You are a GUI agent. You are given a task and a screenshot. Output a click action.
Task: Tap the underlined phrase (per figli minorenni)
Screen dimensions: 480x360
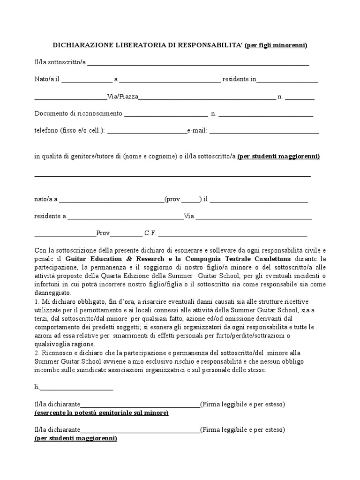(x=276, y=45)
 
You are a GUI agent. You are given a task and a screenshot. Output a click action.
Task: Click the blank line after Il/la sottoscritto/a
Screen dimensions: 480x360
(x=198, y=63)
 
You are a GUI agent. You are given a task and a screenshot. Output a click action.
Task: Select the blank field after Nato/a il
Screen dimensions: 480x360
(x=87, y=80)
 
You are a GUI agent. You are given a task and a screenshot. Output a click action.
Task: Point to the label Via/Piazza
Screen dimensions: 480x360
(x=123, y=97)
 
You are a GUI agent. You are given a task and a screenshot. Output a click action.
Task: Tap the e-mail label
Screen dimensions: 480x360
(x=197, y=131)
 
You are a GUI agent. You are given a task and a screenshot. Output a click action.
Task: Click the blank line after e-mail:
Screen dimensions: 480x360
(x=264, y=132)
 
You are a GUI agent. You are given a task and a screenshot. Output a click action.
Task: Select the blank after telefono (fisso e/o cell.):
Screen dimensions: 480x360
(x=147, y=132)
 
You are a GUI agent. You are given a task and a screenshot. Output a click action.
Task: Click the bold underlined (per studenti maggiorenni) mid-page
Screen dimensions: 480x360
(x=278, y=157)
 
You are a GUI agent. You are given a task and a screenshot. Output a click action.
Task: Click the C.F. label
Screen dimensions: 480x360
(x=150, y=232)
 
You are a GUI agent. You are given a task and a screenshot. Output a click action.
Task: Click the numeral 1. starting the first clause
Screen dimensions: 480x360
(x=37, y=301)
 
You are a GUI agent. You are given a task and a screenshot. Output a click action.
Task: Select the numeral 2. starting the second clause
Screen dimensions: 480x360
(x=37, y=352)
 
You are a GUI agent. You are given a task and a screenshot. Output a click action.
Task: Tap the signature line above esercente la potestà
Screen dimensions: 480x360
(x=140, y=405)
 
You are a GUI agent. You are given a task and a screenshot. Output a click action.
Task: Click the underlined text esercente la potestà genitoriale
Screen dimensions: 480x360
(x=101, y=413)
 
